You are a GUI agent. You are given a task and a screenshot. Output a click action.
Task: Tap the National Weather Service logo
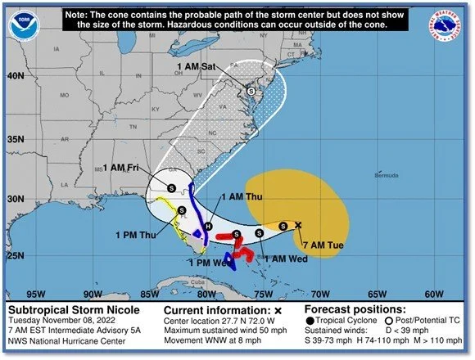tap(448, 25)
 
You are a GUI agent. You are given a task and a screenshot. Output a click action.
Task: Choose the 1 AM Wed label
tap(287, 259)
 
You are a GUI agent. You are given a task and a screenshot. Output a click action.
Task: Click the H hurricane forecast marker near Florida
tap(208, 226)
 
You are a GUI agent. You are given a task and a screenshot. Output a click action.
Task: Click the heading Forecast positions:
tap(355, 310)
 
